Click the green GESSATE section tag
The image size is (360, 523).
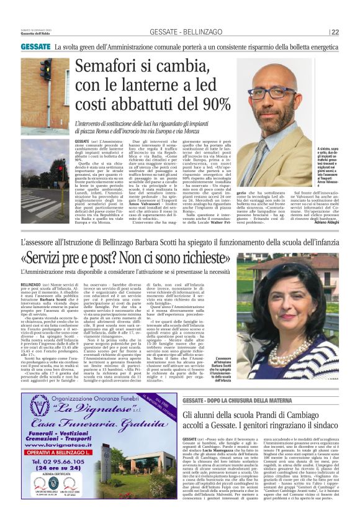pyautogui.click(x=35, y=47)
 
